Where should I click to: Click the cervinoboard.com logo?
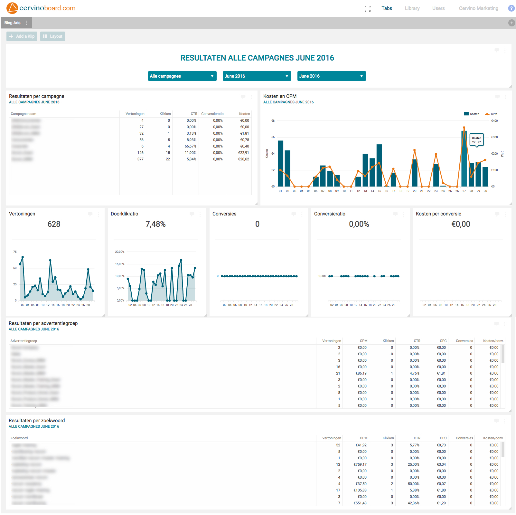coord(41,8)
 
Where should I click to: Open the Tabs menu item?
coord(387,8)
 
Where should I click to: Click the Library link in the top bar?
coord(412,8)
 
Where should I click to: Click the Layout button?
coord(53,36)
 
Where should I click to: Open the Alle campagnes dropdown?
coord(182,76)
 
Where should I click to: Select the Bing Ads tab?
coord(13,23)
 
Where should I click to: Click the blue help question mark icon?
coord(511,8)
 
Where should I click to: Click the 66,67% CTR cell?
coord(190,146)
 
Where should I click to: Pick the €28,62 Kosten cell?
coord(243,159)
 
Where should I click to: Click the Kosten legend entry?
coord(472,114)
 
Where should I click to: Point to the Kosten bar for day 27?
coord(464,161)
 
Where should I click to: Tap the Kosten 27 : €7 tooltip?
coord(476,140)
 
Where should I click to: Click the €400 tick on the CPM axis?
coord(494,121)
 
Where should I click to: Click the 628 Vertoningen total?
coord(54,224)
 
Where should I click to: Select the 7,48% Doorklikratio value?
coord(155,224)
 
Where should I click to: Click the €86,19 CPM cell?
coord(361,373)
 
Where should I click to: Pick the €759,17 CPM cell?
coord(360,464)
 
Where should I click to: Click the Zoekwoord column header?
coord(19,438)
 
